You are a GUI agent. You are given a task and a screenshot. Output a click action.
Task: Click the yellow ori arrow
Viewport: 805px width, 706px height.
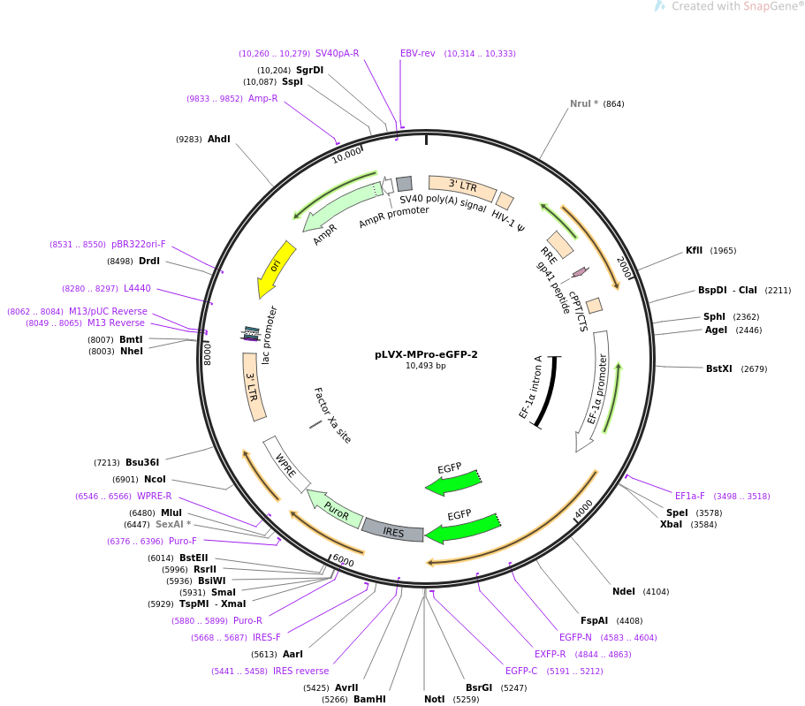(x=277, y=267)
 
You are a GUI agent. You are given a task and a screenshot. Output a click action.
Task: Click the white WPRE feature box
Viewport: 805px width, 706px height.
(x=286, y=464)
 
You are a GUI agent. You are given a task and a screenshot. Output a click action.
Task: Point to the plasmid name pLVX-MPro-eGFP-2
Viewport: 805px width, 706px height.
(x=426, y=354)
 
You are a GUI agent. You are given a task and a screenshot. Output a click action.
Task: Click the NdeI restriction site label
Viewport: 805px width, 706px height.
(x=624, y=591)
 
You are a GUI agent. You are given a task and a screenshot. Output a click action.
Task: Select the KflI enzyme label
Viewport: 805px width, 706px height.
(x=695, y=251)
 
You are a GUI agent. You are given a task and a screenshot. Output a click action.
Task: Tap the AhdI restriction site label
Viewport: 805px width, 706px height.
(x=219, y=139)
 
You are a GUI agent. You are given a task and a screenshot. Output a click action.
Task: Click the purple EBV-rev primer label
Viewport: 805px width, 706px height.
(x=417, y=53)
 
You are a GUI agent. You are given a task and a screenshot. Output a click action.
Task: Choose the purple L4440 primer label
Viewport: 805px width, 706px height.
(x=137, y=289)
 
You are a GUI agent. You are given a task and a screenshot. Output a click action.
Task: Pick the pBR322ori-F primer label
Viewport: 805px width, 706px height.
(x=139, y=245)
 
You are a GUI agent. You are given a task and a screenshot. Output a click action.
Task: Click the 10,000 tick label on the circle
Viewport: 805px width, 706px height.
(x=346, y=155)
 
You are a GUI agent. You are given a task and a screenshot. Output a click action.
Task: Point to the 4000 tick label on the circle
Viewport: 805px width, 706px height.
(x=584, y=509)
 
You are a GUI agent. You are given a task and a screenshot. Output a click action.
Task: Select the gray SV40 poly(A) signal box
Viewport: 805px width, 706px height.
(x=404, y=184)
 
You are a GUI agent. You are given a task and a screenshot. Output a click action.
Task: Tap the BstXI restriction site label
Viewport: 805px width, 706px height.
(x=718, y=368)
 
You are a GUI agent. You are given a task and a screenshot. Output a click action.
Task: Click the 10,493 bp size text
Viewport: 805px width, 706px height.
(x=426, y=366)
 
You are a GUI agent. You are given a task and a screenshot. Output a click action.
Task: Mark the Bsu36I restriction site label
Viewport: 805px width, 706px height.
(x=142, y=463)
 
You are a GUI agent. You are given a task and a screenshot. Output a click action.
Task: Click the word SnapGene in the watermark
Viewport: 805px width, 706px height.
(x=770, y=6)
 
